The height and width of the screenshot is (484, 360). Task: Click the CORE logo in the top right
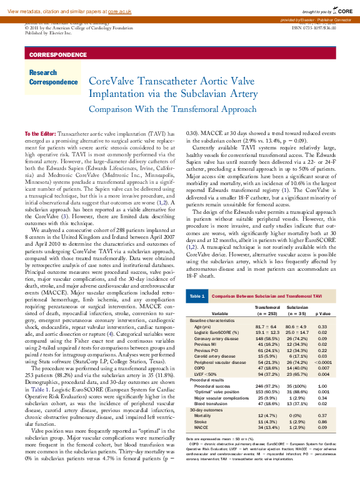(x=344, y=11)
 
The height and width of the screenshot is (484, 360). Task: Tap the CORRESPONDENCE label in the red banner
(x=58, y=55)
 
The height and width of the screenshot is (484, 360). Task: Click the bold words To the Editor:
(x=40, y=134)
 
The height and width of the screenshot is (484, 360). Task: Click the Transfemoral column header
(x=267, y=308)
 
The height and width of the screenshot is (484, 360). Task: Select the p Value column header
(x=322, y=313)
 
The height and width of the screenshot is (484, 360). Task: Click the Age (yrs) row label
(x=202, y=326)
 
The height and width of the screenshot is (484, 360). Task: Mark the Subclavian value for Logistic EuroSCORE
(x=297, y=332)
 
